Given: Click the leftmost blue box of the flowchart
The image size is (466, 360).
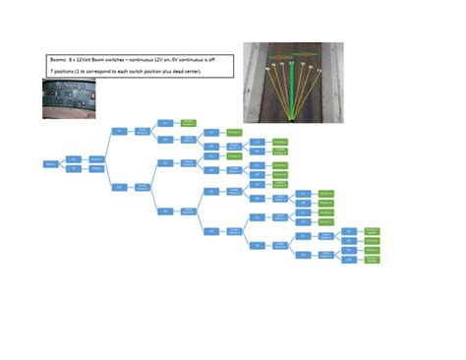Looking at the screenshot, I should point(50,163).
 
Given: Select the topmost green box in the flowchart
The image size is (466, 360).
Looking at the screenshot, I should point(189,123).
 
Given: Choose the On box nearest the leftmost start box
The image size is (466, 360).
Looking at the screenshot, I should point(75,157).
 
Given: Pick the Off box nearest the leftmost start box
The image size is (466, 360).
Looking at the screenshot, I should point(75,168).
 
